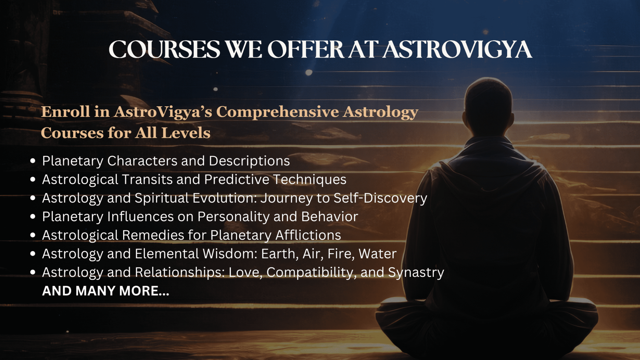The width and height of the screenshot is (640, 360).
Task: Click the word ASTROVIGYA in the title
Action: (457, 50)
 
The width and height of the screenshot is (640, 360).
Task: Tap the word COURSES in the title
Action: (164, 50)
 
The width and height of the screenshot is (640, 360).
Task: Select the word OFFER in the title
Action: (306, 50)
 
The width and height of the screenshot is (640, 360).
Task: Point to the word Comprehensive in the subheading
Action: (277, 112)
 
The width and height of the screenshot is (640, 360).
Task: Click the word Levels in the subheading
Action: (186, 133)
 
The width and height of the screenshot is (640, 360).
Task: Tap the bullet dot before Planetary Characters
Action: (33, 161)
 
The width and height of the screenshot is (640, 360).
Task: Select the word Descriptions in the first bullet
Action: (249, 161)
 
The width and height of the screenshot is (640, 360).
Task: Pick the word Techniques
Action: (310, 180)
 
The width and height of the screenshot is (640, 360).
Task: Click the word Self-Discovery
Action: (380, 198)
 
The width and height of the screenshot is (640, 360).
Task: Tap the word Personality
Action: (233, 217)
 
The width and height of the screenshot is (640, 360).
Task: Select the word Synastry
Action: (416, 272)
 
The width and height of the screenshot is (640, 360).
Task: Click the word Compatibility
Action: (311, 272)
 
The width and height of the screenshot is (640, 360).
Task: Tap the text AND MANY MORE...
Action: (106, 291)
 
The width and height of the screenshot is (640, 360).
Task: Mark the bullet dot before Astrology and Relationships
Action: (33, 272)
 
